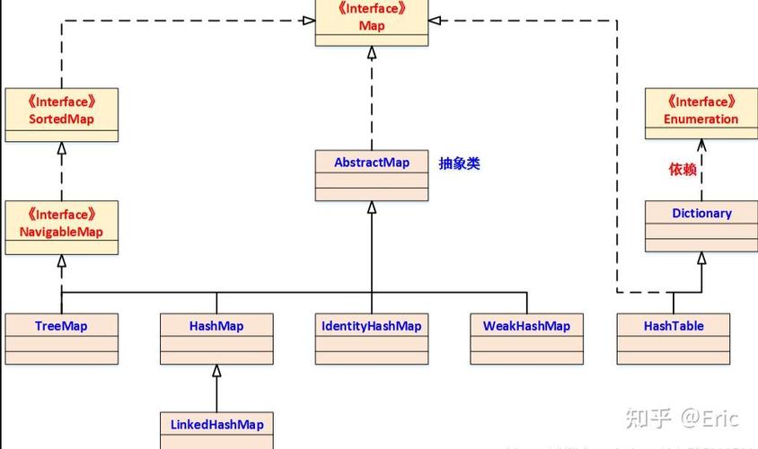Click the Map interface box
click(371, 22)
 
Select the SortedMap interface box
click(61, 115)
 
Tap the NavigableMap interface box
click(61, 227)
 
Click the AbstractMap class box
click(371, 175)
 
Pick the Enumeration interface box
click(701, 113)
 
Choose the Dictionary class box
click(701, 226)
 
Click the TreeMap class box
click(61, 339)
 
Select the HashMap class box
click(216, 339)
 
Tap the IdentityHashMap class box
click(371, 339)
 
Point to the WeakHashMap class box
click(526, 339)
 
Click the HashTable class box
click(674, 339)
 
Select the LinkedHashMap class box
click(216, 430)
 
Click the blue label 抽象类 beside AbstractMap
click(459, 163)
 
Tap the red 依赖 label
click(683, 169)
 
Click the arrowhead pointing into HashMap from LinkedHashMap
click(216, 371)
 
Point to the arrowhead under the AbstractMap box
click(371, 207)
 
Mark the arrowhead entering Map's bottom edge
click(371, 53)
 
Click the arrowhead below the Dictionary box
click(701, 258)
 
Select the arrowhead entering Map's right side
click(435, 21)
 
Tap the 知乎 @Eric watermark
click(682, 418)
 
